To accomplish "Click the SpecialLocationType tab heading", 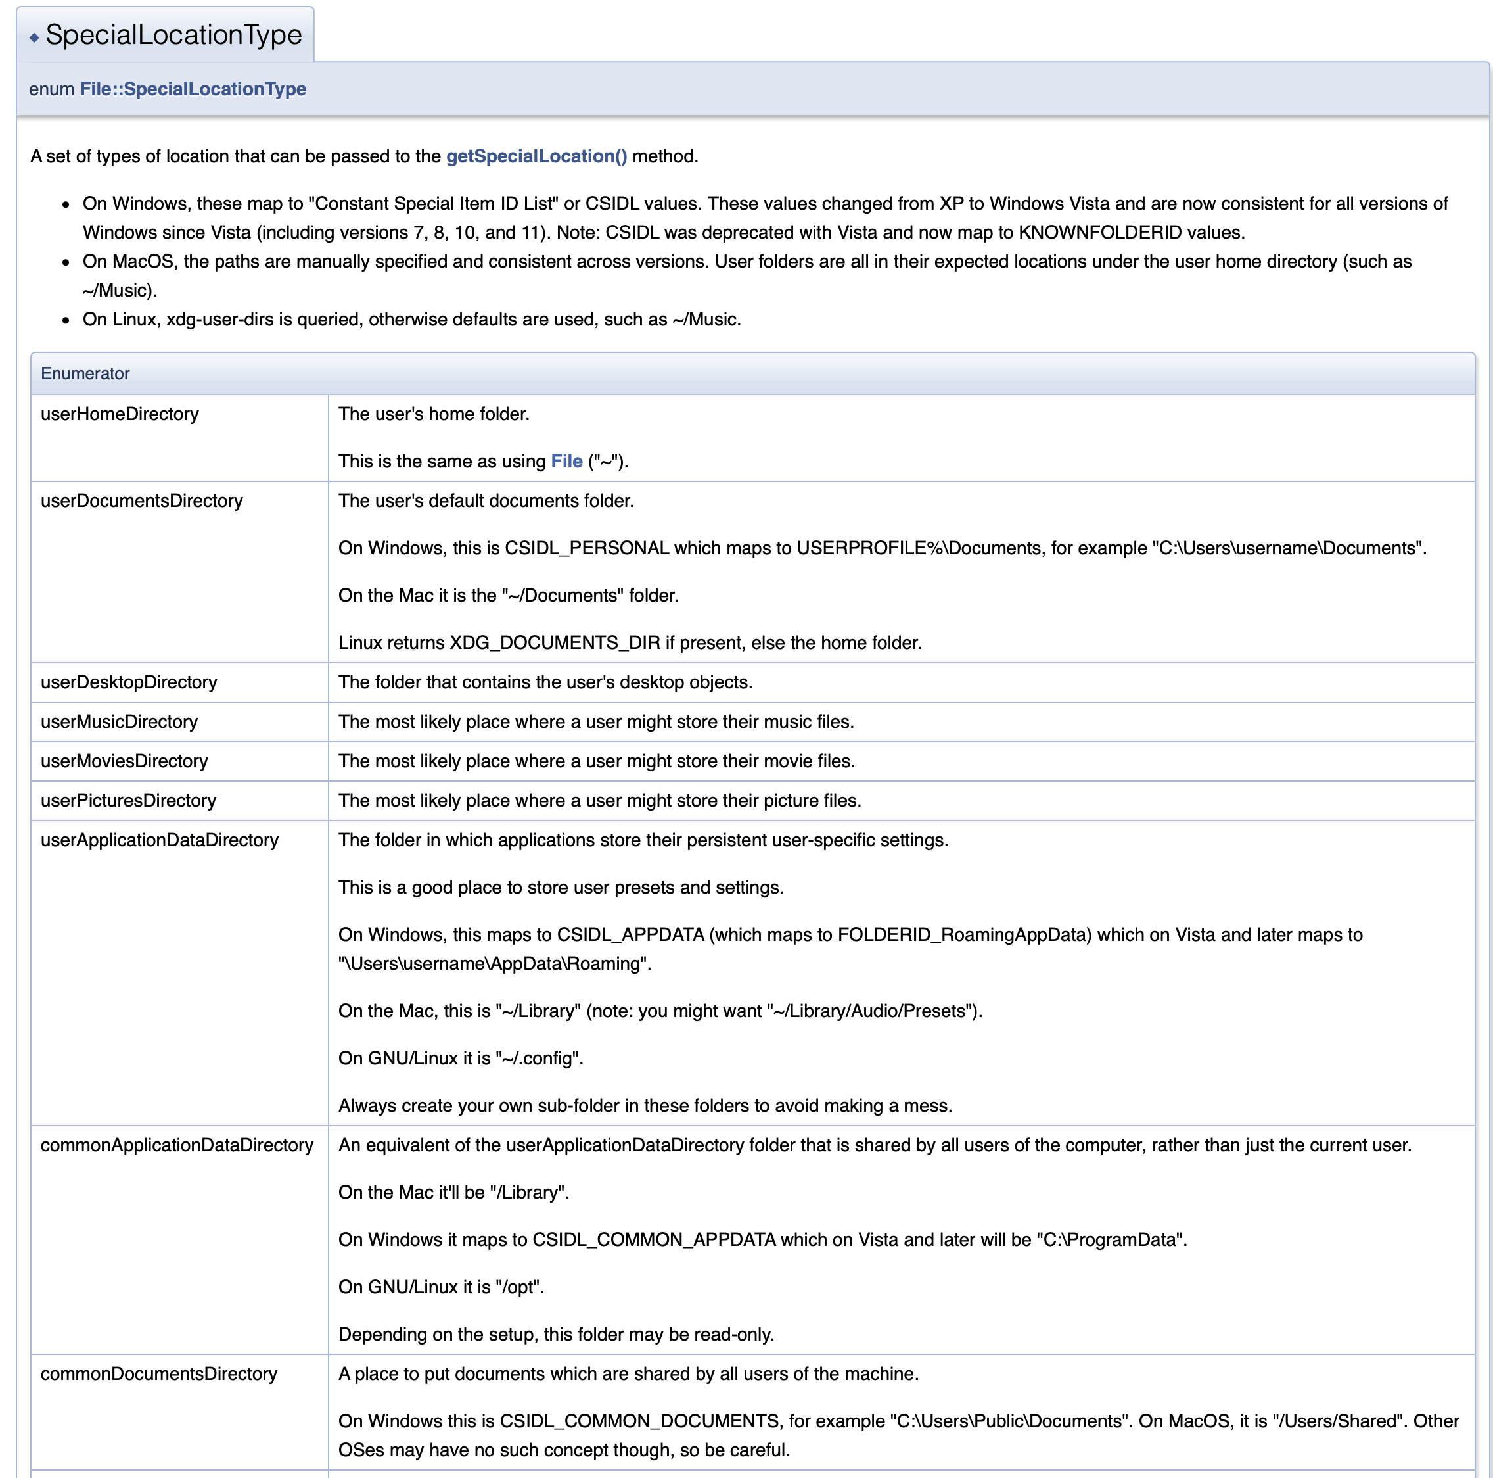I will coord(173,35).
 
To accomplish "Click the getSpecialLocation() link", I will coord(536,156).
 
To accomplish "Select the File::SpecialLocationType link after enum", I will coord(193,89).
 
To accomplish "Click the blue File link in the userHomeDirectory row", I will coord(566,462).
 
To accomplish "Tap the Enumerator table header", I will coord(85,373).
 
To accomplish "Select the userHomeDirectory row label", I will coord(120,414).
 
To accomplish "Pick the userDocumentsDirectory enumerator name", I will coord(141,501).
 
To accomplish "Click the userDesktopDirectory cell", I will coord(129,682).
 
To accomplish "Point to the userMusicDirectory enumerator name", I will coord(119,722).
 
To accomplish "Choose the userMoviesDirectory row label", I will coord(124,761).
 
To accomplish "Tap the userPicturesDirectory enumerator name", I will coord(128,801).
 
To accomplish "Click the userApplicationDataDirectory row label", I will coord(159,840).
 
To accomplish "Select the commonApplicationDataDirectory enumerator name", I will coord(177,1145).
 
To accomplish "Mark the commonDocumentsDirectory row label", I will coord(158,1374).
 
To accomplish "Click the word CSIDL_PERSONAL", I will coord(587,548).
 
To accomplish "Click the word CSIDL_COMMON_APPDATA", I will coord(654,1240).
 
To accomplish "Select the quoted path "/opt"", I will coord(517,1287).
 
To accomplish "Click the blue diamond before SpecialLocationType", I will coord(34,37).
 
